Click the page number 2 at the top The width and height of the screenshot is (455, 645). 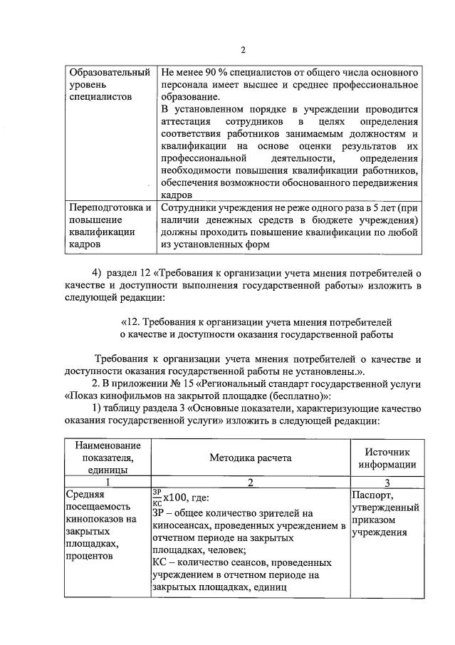pyautogui.click(x=242, y=49)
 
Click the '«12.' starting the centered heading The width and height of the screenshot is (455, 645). pyautogui.click(x=132, y=321)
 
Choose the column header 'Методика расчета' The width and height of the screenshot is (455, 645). pyautogui.click(x=250, y=458)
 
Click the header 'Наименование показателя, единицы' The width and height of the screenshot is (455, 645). pyautogui.click(x=107, y=458)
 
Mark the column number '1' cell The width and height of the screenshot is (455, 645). pyautogui.click(x=107, y=483)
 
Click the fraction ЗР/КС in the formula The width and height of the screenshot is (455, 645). pyautogui.click(x=157, y=496)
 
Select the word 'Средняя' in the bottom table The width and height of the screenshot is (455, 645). pyautogui.click(x=85, y=495)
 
